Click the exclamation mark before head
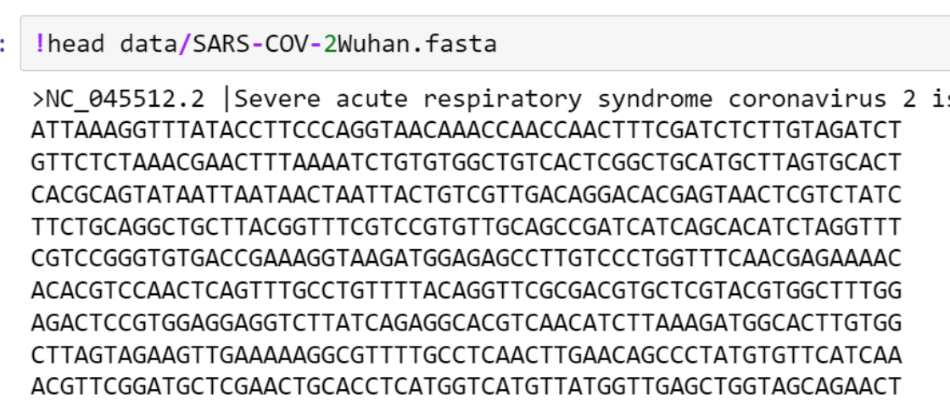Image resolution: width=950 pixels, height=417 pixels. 40,43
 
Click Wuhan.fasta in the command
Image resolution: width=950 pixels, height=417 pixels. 416,43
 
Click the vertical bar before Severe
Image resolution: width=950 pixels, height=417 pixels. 226,100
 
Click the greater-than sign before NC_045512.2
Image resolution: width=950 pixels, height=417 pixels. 38,100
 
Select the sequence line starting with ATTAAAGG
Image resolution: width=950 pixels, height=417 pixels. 467,131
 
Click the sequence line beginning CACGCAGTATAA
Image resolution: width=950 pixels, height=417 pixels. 467,195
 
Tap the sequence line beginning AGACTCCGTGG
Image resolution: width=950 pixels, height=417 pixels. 467,323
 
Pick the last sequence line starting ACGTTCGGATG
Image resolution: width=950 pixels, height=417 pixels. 467,386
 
